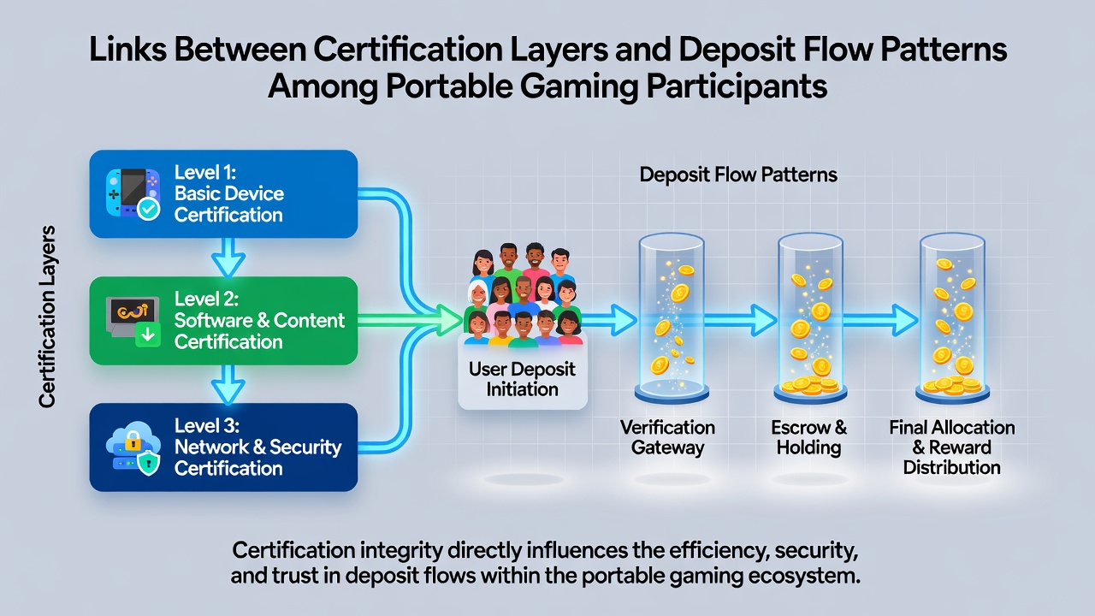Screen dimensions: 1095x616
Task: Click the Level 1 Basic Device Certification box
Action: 223,194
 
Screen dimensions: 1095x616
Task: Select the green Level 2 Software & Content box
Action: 223,321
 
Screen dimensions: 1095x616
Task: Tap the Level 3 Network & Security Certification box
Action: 223,447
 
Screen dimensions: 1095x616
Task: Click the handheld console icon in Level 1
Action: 133,194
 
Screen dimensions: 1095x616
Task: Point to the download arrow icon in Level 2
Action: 148,335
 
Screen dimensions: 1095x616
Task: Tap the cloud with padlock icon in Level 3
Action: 133,447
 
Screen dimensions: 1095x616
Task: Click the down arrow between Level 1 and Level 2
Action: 228,258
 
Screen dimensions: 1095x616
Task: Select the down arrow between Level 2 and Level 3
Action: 228,385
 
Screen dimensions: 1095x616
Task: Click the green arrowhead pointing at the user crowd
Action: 449,320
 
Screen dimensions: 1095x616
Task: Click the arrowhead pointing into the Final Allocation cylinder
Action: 904,320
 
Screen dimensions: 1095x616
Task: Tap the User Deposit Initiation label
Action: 522,379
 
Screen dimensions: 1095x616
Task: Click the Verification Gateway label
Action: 668,437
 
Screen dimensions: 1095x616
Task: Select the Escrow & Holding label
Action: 809,437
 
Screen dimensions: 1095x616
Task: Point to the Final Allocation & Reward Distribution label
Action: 952,447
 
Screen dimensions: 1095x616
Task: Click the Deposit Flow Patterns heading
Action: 738,175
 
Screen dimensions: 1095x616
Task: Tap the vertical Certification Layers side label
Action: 47,317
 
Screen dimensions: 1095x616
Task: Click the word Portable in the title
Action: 449,86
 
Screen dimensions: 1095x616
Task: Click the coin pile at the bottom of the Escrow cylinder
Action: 810,386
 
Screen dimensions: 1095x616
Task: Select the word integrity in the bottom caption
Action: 401,551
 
